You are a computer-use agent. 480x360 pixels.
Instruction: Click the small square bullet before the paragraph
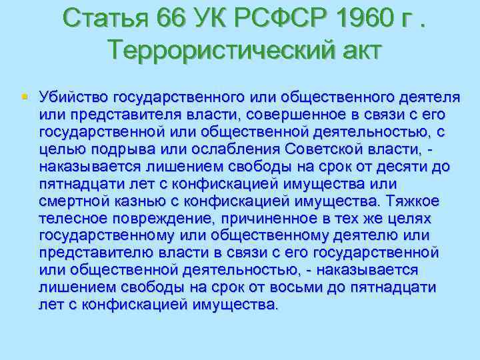25,97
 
